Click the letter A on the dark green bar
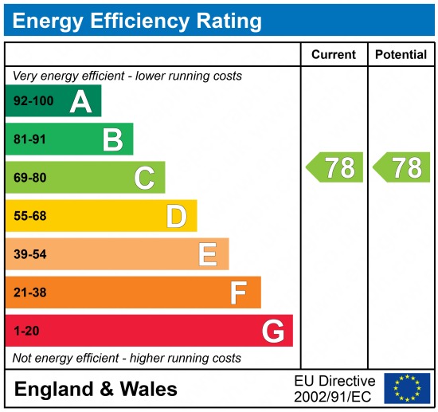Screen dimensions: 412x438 point(80,101)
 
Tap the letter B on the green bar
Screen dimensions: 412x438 point(112,139)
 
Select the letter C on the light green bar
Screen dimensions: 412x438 point(144,178)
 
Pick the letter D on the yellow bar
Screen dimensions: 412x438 point(176,216)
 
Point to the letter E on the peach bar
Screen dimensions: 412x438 point(207,254)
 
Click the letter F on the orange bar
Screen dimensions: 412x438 point(238,292)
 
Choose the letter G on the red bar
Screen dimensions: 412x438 point(272,331)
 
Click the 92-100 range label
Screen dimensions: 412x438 point(33,101)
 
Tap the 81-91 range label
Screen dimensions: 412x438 point(30,139)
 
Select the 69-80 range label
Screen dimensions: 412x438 point(30,178)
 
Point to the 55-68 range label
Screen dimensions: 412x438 point(30,216)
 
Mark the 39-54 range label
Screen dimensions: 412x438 point(30,254)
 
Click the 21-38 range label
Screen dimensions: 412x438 point(30,292)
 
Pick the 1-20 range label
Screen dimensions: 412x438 point(26,331)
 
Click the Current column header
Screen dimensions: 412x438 point(333,55)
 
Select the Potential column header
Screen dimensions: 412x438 point(401,55)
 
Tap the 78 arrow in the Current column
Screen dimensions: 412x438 point(335,167)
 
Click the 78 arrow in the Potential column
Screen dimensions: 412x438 point(401,167)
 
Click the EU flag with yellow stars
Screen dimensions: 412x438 point(406,388)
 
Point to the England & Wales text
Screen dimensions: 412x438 point(96,389)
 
